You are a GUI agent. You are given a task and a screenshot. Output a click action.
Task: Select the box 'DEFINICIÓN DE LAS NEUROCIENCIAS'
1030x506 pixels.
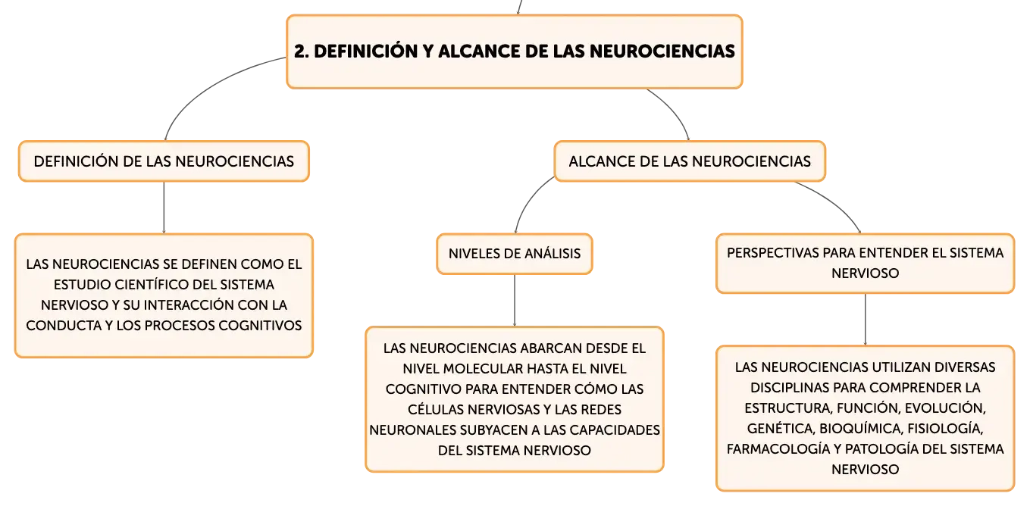164,161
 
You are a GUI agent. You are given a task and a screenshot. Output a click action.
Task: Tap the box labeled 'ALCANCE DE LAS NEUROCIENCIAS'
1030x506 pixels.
690,161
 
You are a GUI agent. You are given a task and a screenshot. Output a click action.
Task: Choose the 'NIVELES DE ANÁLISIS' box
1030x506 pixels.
515,254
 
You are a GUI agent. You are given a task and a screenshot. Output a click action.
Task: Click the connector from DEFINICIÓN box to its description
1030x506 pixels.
164,208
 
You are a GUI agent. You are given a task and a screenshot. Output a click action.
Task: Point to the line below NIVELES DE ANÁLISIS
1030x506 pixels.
515,301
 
